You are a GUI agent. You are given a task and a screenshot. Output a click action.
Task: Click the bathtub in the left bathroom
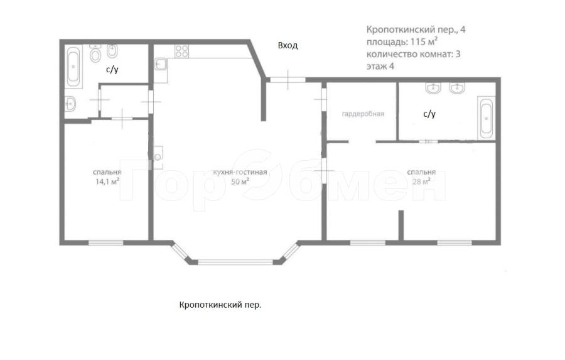point(74,67)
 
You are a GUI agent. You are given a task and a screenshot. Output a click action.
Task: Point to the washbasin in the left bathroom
point(70,104)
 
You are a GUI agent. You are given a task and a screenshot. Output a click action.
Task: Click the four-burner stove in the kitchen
point(182,50)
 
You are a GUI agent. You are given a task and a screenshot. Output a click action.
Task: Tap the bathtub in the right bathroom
point(487,117)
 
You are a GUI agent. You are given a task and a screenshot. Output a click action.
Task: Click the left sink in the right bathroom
point(433,89)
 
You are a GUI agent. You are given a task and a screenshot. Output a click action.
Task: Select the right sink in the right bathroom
point(457,89)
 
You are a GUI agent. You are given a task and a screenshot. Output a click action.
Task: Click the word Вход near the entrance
point(288,45)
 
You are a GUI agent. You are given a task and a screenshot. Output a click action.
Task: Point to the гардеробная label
point(362,114)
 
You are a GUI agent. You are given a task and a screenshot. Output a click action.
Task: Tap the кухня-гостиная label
point(240,172)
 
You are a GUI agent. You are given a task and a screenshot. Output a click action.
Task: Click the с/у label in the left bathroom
point(112,70)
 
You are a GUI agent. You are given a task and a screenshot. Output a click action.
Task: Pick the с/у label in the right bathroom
point(429,114)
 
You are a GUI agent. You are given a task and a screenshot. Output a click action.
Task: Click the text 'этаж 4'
point(380,67)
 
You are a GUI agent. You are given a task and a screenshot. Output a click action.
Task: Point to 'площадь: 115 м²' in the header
point(402,42)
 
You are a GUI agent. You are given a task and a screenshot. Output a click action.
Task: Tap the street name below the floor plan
point(220,305)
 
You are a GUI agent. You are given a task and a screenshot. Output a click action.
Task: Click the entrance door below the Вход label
point(287,79)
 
